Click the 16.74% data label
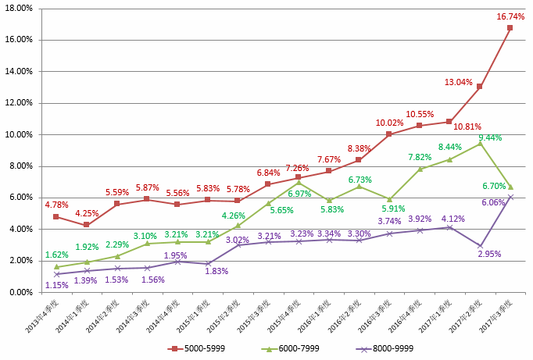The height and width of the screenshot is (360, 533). [x=510, y=16]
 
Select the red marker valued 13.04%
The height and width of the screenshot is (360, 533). [x=479, y=86]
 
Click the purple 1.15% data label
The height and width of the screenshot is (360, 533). [x=56, y=285]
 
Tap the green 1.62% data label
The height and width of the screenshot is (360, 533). [x=56, y=255]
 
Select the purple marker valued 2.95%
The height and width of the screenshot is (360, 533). [x=479, y=245]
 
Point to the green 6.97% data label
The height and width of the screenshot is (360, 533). [x=299, y=193]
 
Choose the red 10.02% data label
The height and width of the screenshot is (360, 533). [x=388, y=123]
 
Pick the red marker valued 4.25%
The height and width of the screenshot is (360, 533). [x=87, y=225]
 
